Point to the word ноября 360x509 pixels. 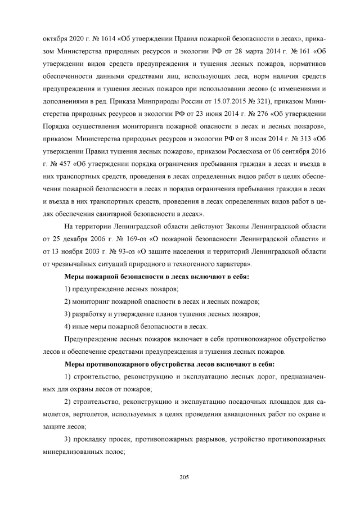click(67, 251)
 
